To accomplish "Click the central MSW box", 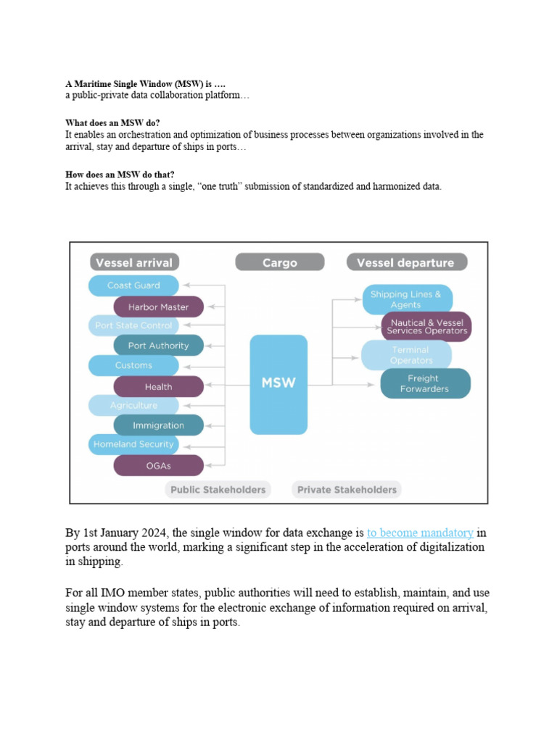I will tap(278, 383).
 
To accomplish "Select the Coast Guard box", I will tap(133, 285).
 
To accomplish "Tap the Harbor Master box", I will tap(158, 307).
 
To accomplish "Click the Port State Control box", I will tap(133, 325).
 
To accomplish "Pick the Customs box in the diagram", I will tap(133, 365).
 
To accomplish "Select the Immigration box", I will tap(158, 425).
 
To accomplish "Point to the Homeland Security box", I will tap(133, 444).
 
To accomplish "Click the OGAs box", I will tap(158, 465).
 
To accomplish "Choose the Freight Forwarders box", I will tap(425, 383).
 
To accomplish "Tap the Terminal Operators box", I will tap(407, 355).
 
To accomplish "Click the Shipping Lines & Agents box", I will tap(407, 299).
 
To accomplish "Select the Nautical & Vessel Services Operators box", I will tap(426, 326).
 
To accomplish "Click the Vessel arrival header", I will tap(135, 262).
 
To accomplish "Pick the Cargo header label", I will tap(279, 262).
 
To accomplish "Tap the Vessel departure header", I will tap(405, 262).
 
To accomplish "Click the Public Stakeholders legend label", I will tap(218, 490).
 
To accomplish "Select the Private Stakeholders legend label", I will tap(347, 490).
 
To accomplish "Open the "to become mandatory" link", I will tap(420, 533).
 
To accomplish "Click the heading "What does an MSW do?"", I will tap(112, 123).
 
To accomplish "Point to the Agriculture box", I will tap(133, 405).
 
